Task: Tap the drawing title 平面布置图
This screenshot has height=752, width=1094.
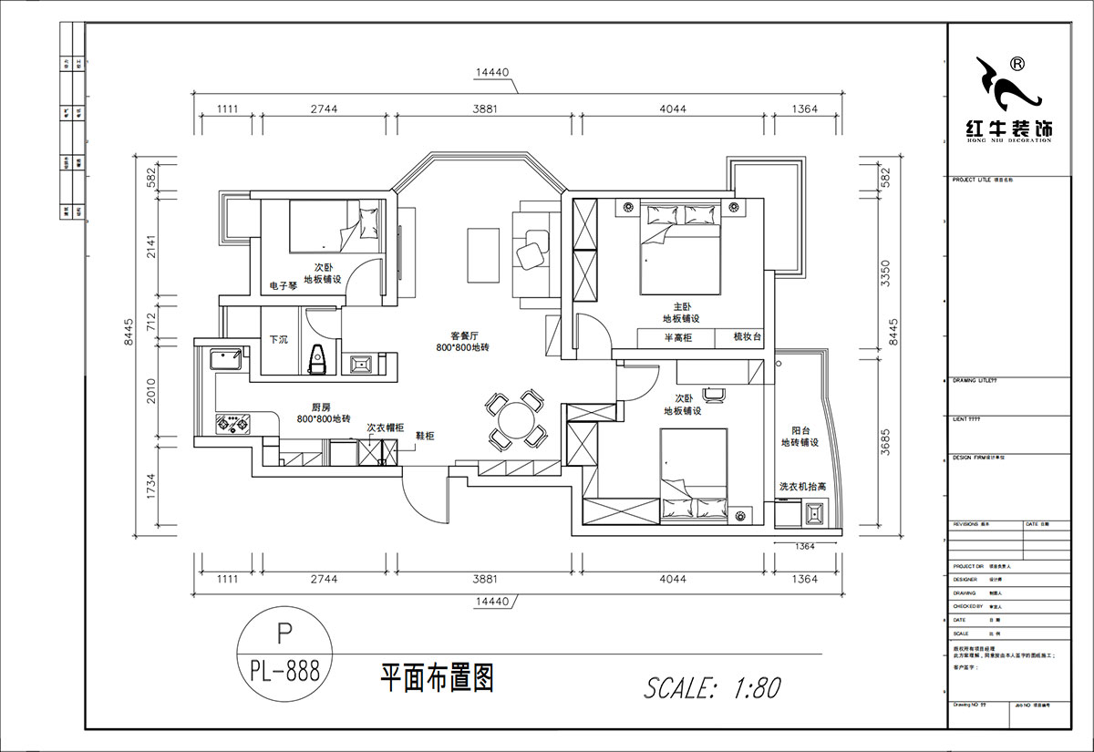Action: click(x=437, y=678)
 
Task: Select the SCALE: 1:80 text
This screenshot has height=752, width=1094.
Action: click(x=712, y=686)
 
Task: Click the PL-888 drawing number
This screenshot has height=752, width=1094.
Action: click(x=284, y=673)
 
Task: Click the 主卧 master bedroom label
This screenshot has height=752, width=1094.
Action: click(x=680, y=307)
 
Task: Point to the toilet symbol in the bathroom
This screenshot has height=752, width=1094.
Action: click(x=318, y=359)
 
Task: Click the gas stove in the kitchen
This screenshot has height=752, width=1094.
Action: click(x=232, y=423)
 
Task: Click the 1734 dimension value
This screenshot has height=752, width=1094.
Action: click(x=154, y=487)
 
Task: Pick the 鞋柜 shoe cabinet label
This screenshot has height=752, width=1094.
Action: click(x=425, y=436)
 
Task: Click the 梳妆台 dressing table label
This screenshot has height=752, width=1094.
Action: click(x=747, y=337)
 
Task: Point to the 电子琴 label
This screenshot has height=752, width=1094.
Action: click(x=283, y=285)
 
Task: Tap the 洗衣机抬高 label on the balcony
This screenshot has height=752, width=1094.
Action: click(x=802, y=488)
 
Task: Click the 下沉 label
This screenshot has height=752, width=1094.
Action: click(x=278, y=339)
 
